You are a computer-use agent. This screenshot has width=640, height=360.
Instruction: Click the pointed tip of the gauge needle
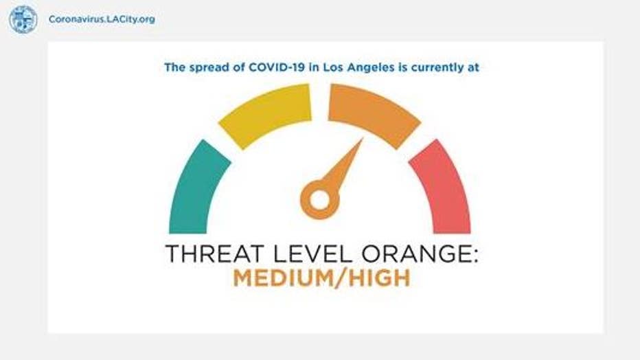(363, 138)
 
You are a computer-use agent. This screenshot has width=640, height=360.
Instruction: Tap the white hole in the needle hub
(319, 200)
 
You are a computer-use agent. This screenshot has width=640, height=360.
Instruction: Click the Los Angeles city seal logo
(23, 19)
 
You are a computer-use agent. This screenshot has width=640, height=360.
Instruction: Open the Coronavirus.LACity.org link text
(102, 19)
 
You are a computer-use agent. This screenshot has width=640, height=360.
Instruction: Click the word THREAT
(215, 254)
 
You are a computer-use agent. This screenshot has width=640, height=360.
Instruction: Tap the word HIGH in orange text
(380, 278)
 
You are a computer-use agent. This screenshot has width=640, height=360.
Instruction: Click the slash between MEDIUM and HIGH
(341, 278)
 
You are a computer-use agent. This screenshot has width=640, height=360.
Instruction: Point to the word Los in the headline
(332, 67)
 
